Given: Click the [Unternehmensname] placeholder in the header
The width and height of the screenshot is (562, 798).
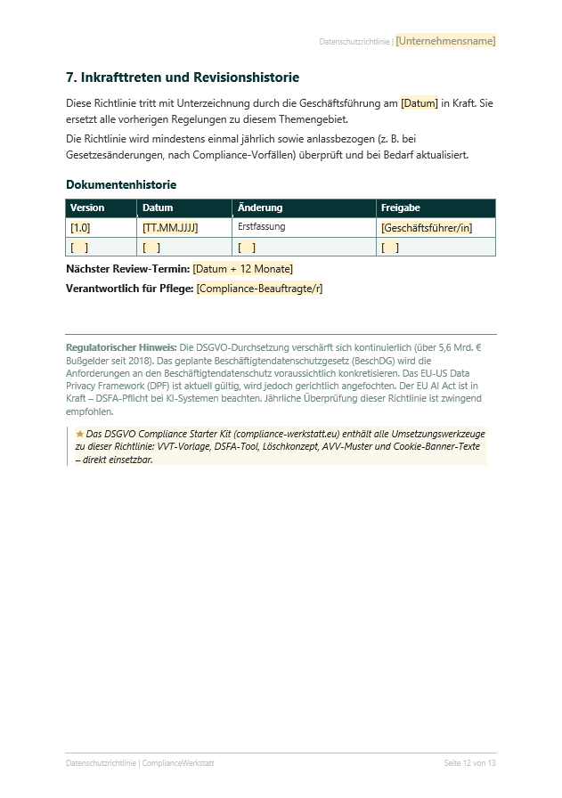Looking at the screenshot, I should pyautogui.click(x=445, y=41).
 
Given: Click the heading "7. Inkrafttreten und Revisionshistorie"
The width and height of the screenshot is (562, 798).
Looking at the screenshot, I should pyautogui.click(x=183, y=77).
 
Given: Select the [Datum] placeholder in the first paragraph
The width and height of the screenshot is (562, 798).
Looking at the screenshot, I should pyautogui.click(x=419, y=103).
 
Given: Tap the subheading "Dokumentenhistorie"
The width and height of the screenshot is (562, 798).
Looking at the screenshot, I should pyautogui.click(x=121, y=184).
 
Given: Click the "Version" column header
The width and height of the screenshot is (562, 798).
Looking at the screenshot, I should pyautogui.click(x=87, y=208).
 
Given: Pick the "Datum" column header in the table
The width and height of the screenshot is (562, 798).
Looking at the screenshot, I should pyautogui.click(x=158, y=208).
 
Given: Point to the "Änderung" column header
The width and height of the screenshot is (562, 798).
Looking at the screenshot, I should pyautogui.click(x=260, y=208).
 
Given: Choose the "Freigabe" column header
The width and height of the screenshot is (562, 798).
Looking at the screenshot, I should pyautogui.click(x=400, y=208).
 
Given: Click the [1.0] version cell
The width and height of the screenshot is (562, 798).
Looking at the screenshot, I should pyautogui.click(x=80, y=228).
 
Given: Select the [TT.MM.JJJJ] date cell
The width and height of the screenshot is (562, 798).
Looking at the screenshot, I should pyautogui.click(x=170, y=228).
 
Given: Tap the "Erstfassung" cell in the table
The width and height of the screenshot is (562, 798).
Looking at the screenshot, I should pyautogui.click(x=261, y=227).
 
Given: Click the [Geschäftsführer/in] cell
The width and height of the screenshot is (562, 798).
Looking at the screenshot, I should pyautogui.click(x=427, y=228).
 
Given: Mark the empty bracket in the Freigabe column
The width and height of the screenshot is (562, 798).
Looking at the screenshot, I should pyautogui.click(x=390, y=248).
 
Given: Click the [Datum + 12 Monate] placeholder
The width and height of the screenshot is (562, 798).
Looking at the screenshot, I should pyautogui.click(x=242, y=268).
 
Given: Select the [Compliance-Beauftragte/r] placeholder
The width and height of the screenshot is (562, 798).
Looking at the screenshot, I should pyautogui.click(x=259, y=288).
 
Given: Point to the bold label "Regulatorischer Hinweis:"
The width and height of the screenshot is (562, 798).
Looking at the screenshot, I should pyautogui.click(x=121, y=346).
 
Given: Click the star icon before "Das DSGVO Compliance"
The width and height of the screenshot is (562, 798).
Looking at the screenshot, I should pyautogui.click(x=80, y=434).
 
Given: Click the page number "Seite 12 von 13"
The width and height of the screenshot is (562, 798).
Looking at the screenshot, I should pyautogui.click(x=469, y=763).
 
